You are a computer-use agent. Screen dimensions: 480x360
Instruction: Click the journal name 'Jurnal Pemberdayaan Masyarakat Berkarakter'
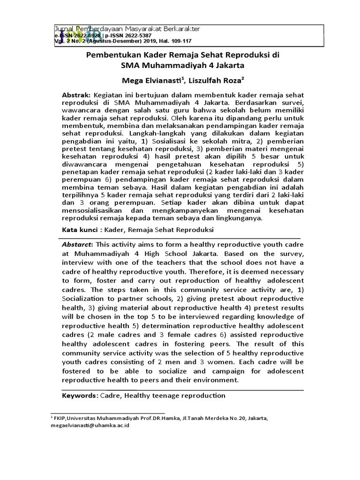click(128, 29)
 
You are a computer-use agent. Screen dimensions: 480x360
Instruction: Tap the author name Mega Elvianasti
click(148, 79)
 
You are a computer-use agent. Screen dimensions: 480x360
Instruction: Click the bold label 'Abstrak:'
click(77, 95)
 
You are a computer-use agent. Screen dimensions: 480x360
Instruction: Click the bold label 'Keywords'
click(80, 396)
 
